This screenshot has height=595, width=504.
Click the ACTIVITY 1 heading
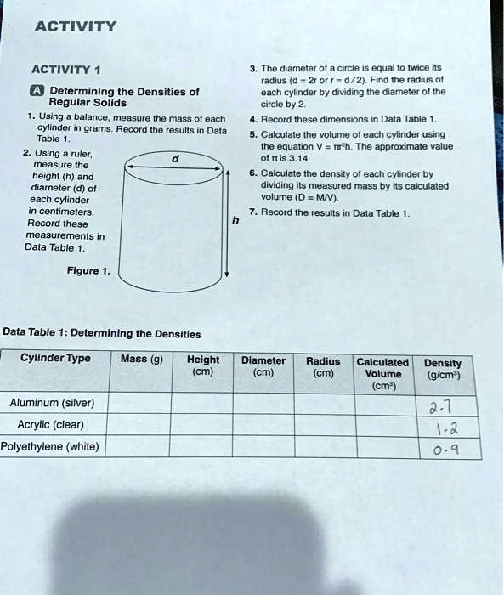(65, 70)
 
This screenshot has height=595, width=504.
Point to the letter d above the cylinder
(175, 157)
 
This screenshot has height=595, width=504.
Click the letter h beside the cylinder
(235, 220)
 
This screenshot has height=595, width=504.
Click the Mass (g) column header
(142, 359)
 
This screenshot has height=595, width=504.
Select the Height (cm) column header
(202, 365)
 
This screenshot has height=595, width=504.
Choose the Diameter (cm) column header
(263, 365)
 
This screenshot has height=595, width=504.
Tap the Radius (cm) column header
(323, 365)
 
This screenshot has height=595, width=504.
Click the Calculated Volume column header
(382, 372)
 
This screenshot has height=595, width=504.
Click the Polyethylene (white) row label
(51, 446)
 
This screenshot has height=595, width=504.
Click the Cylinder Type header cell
(55, 358)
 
